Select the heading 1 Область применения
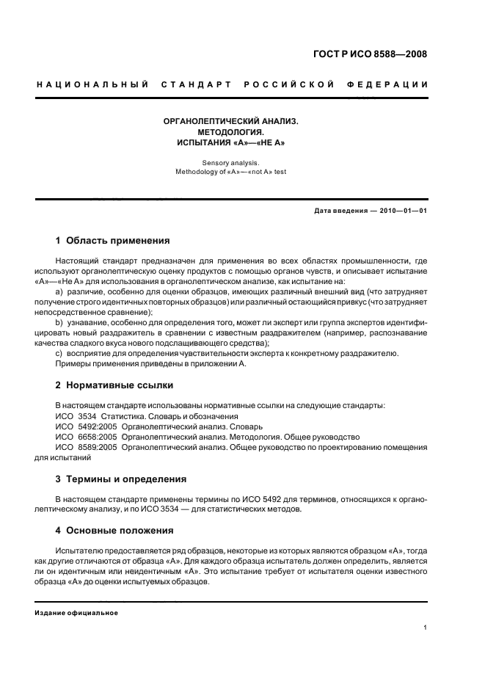click(x=113, y=240)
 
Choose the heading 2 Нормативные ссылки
click(x=114, y=385)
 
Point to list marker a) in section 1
click(x=59, y=291)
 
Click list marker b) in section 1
click(x=59, y=322)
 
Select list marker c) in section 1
click(x=59, y=353)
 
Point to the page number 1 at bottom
click(x=426, y=628)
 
